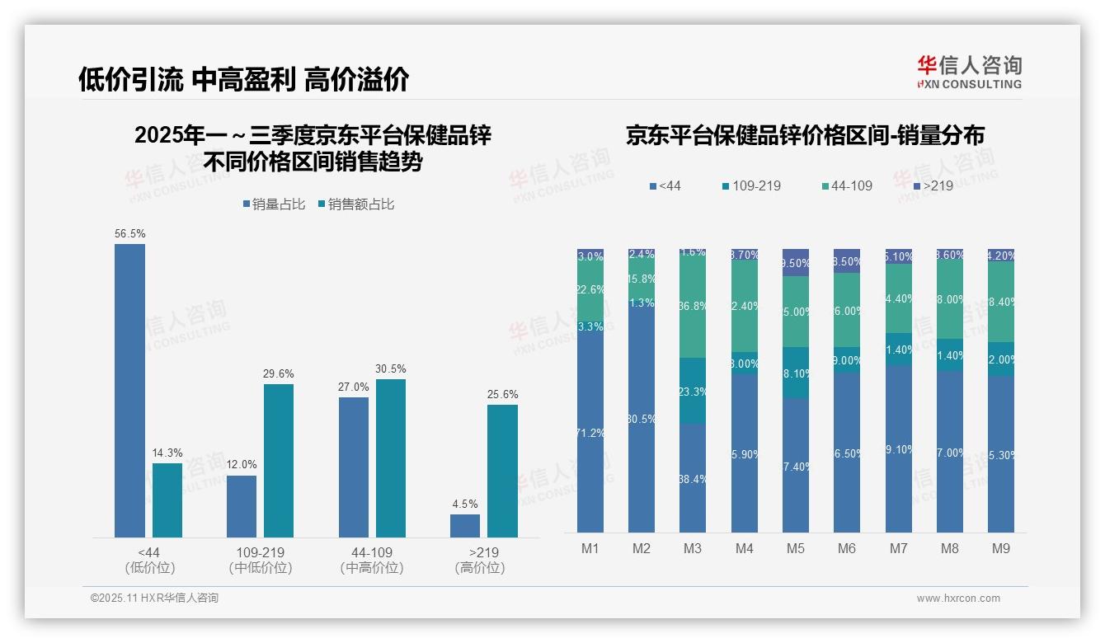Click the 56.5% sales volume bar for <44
129,391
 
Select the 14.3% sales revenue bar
167,500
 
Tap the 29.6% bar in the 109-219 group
279,461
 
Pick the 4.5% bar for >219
465,526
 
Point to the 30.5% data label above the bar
390,368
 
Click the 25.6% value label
502,394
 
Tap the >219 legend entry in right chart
932,185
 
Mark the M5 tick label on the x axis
795,548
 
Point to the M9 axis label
1000,548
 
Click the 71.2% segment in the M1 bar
590,433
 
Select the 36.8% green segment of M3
693,306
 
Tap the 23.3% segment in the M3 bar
693,392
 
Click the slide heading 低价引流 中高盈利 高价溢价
243,79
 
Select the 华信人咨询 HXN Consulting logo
969,73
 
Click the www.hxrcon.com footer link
958,598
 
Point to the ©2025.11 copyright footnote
154,598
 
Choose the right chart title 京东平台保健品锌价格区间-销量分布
805,135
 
